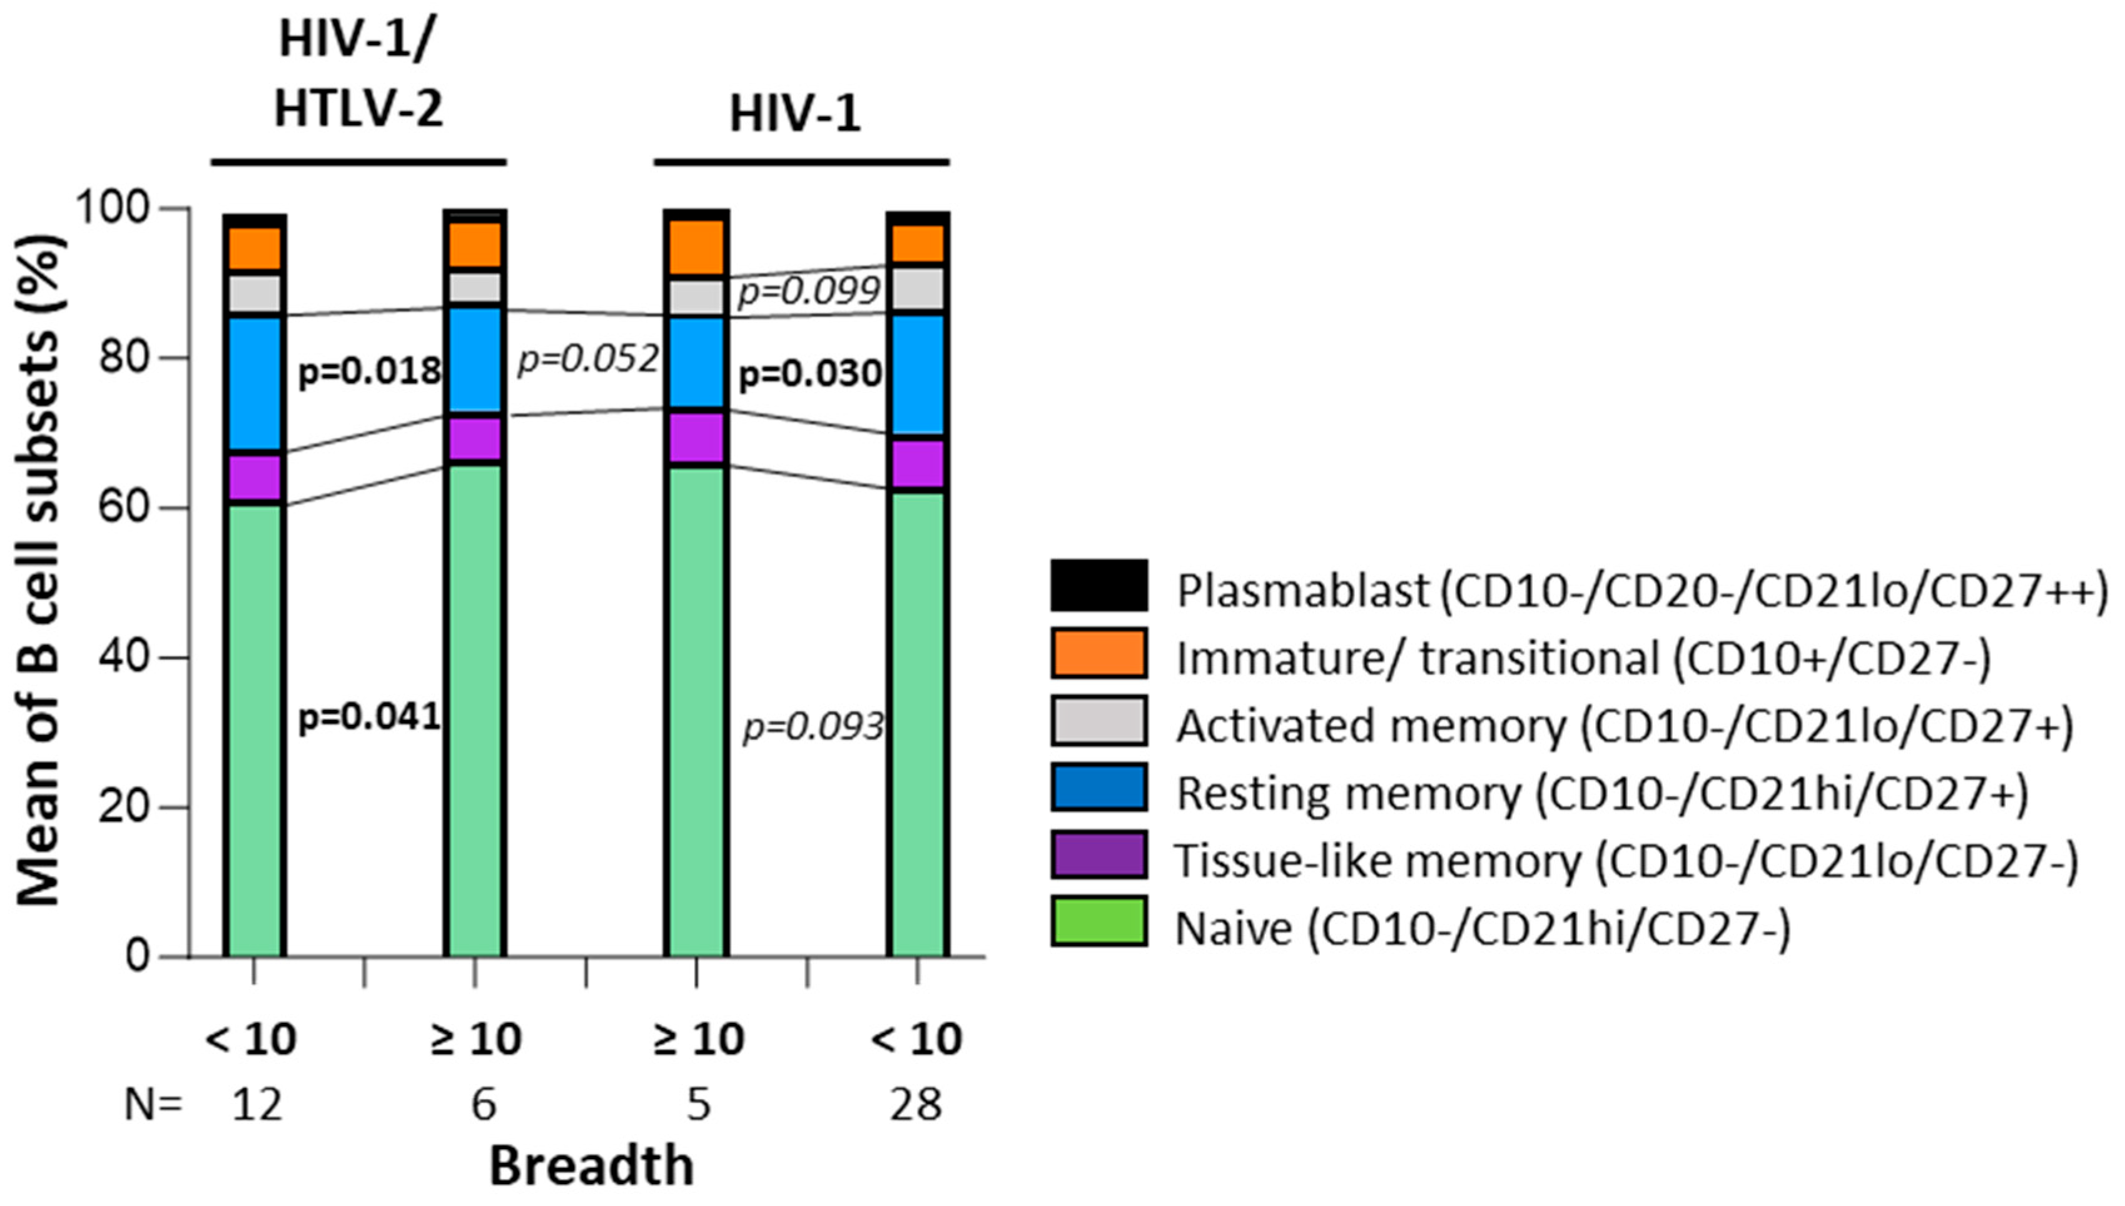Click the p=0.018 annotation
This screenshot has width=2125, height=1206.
[368, 372]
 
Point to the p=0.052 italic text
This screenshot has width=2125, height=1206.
[588, 360]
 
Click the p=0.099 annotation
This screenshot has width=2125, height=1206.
[808, 291]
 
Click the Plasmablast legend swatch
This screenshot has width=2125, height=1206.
[1099, 585]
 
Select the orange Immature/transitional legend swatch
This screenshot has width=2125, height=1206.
[1099, 654]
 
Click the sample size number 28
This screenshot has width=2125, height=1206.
[916, 1104]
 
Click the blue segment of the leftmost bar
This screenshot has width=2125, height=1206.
[254, 383]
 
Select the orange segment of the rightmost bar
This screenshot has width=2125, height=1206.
[917, 243]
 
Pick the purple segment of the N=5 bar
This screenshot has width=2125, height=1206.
[696, 437]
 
